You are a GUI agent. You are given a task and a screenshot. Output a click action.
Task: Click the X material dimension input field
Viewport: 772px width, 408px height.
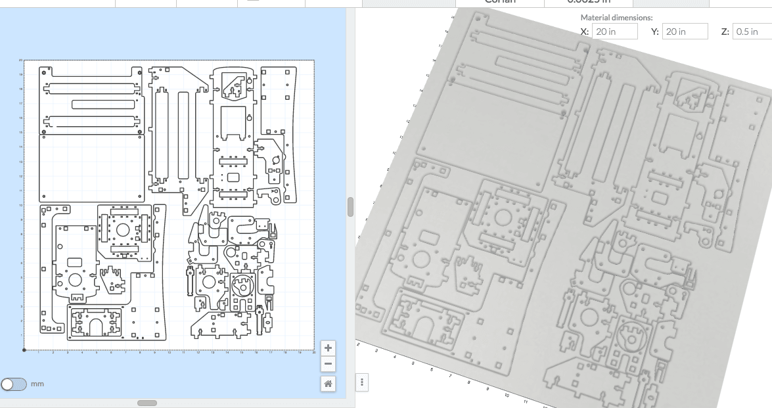coord(614,32)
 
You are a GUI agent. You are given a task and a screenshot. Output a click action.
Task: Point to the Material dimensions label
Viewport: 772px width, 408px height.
coord(616,18)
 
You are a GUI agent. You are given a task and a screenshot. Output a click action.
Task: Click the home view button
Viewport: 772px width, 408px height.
coord(328,383)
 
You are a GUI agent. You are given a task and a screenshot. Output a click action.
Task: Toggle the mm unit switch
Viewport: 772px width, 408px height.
coord(14,384)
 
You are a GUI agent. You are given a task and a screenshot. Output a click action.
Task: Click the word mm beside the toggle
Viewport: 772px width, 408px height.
coord(37,384)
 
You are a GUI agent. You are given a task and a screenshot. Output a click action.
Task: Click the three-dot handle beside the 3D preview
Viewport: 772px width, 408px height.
coord(362,382)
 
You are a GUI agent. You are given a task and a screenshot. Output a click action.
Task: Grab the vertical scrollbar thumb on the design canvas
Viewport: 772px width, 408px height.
coord(350,206)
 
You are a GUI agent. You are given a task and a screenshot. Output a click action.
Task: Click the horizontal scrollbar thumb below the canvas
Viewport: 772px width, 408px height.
coord(147,403)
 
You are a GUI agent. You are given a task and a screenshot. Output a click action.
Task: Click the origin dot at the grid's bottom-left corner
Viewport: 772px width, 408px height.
coord(24,350)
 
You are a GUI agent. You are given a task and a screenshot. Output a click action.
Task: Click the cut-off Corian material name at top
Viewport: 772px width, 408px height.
coord(499,2)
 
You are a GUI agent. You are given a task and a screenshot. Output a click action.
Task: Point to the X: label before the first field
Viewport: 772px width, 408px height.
coord(585,32)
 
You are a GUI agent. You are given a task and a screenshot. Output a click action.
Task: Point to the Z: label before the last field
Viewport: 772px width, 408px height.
coord(725,32)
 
